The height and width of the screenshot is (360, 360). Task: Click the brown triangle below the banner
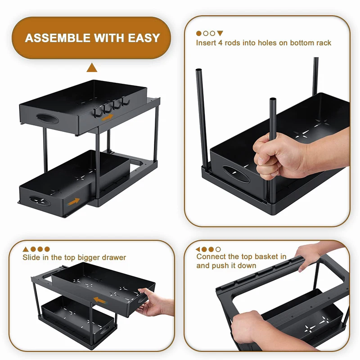click(x=92, y=67)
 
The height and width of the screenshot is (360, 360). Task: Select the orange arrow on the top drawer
click(x=108, y=118)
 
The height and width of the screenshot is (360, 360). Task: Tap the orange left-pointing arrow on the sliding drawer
click(x=99, y=300)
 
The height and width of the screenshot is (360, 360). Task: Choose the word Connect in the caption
click(x=211, y=256)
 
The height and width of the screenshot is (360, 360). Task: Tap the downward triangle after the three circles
click(x=220, y=33)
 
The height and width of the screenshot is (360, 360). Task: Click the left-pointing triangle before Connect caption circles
click(x=198, y=249)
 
